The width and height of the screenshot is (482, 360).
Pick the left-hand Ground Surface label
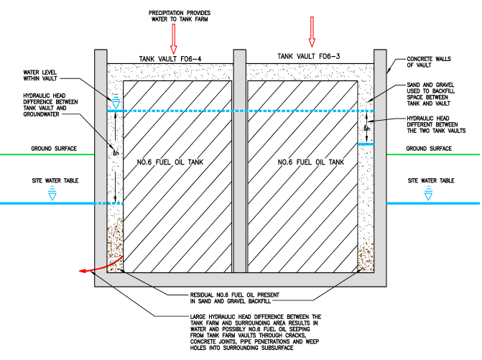tap(51, 149)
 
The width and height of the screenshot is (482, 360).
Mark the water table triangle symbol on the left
tap(51, 192)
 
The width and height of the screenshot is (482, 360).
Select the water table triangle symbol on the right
tap(430, 192)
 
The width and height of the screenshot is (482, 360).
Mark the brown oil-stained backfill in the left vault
tap(116, 244)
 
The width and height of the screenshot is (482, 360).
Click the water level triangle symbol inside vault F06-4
tap(115, 103)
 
